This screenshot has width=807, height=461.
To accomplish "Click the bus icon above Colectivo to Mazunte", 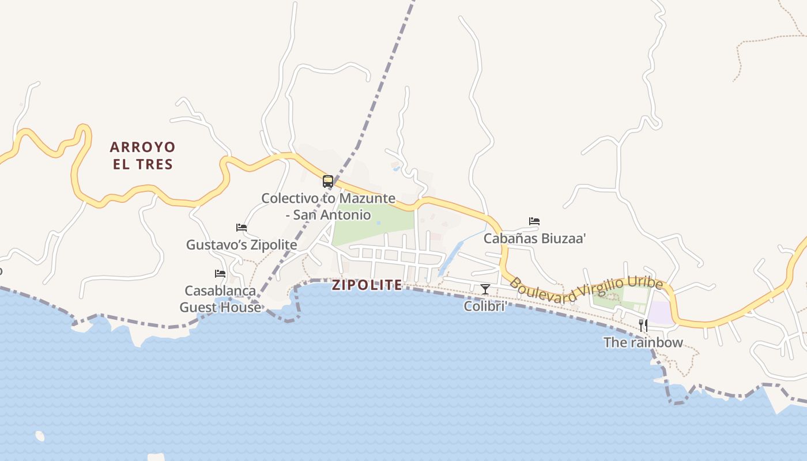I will pyautogui.click(x=328, y=182).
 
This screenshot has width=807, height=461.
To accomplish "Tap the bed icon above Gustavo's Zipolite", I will pyautogui.click(x=242, y=228).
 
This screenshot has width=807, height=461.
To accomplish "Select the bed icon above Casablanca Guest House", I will pyautogui.click(x=220, y=273).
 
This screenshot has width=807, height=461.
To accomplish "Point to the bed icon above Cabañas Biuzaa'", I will pyautogui.click(x=534, y=221).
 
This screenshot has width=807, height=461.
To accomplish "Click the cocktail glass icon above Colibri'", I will pyautogui.click(x=485, y=289).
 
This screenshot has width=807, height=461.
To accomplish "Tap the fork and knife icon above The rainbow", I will pyautogui.click(x=643, y=326).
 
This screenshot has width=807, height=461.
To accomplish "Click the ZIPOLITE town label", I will pyautogui.click(x=367, y=285).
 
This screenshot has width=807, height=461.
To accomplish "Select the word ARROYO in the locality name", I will pyautogui.click(x=142, y=148).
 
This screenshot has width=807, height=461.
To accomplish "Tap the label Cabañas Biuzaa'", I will pyautogui.click(x=534, y=239).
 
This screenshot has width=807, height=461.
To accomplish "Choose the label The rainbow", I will pyautogui.click(x=643, y=342).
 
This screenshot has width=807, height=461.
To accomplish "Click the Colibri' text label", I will pyautogui.click(x=485, y=306).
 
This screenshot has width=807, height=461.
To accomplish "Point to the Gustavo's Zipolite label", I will pyautogui.click(x=242, y=245).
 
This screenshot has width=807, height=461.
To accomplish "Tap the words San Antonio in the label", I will pyautogui.click(x=332, y=215).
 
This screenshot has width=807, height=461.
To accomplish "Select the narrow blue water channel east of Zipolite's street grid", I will pyautogui.click(x=451, y=258).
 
